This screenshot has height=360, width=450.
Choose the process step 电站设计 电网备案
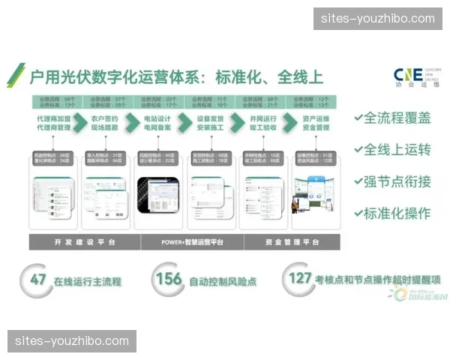pos(159,123)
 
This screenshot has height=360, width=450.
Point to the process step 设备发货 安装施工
pos(211,123)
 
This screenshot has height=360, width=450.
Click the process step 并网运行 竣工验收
pos(262,123)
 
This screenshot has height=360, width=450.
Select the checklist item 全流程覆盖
pos(394,118)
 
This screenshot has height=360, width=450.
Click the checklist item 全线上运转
pos(394,150)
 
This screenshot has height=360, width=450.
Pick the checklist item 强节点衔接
pos(394,181)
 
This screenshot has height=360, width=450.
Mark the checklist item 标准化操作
pos(394,214)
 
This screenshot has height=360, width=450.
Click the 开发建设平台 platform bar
pos(83,242)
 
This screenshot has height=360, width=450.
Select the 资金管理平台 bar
pos(292,242)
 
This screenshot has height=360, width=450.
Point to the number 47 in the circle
pos(38,280)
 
